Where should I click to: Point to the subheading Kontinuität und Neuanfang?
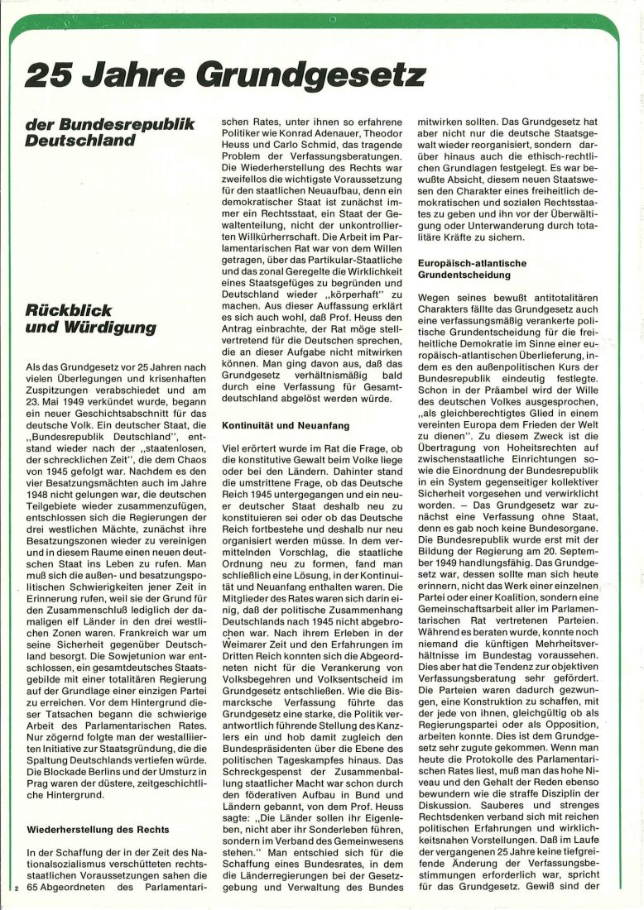click(286, 424)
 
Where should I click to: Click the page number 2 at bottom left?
click(16, 889)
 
